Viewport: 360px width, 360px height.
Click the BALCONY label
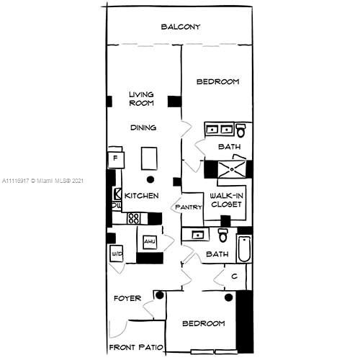pos(180,27)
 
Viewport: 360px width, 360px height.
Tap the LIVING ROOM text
pos(142,99)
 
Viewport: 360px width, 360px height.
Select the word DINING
pos(143,127)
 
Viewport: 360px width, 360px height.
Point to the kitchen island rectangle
pos(150,157)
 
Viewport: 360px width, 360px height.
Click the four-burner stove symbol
pos(134,217)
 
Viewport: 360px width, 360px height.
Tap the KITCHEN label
pos(141,195)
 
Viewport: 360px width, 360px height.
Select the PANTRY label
pos(188,208)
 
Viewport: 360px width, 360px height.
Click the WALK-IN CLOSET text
pos(225,199)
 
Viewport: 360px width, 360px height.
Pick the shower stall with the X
pos(230,168)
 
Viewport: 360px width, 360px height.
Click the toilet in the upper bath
pos(241,131)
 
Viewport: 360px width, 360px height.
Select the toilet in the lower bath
pos(223,235)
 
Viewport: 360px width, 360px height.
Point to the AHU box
pos(150,242)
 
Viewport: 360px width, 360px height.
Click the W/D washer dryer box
pos(116,253)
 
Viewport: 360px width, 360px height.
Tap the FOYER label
pos(127,297)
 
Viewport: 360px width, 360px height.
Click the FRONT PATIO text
pos(136,348)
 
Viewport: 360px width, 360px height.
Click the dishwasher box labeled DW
pos(116,206)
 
